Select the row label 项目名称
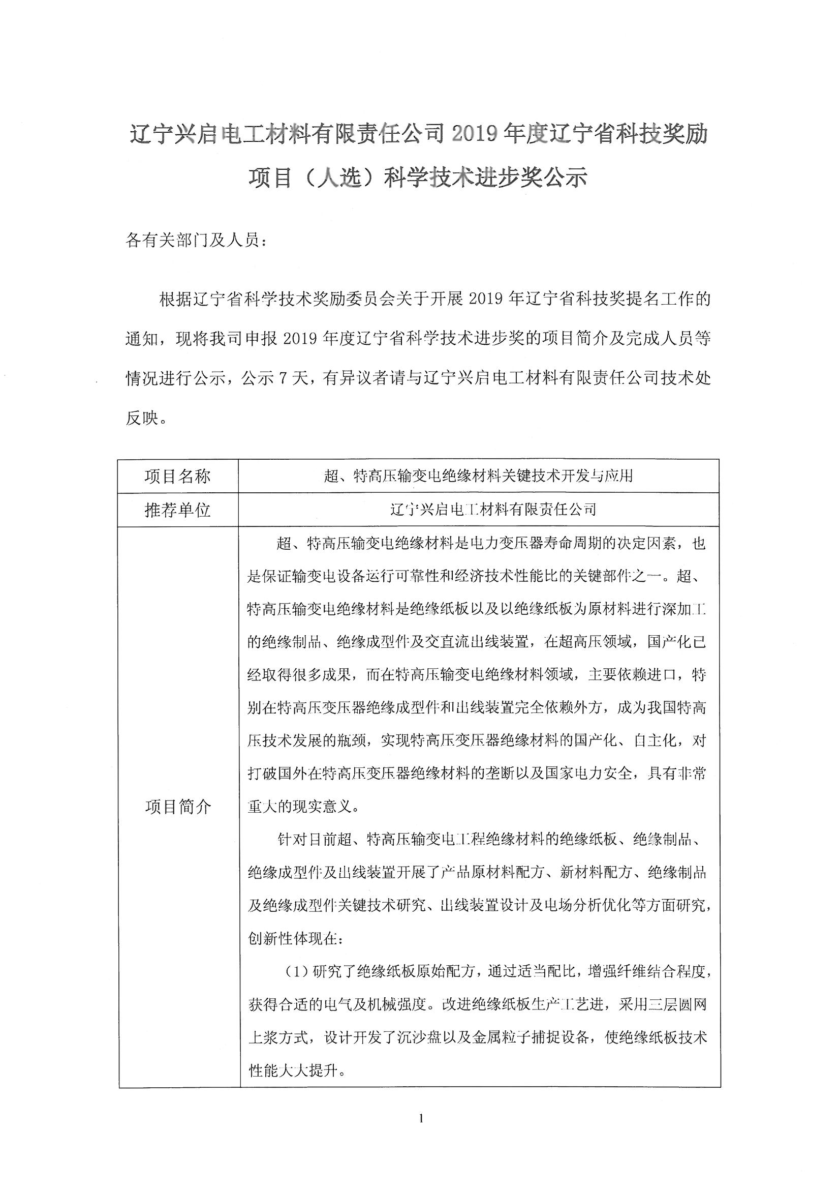177,476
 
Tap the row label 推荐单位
177,510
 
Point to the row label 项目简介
177,807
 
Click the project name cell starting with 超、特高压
478,476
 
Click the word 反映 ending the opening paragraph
141,419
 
